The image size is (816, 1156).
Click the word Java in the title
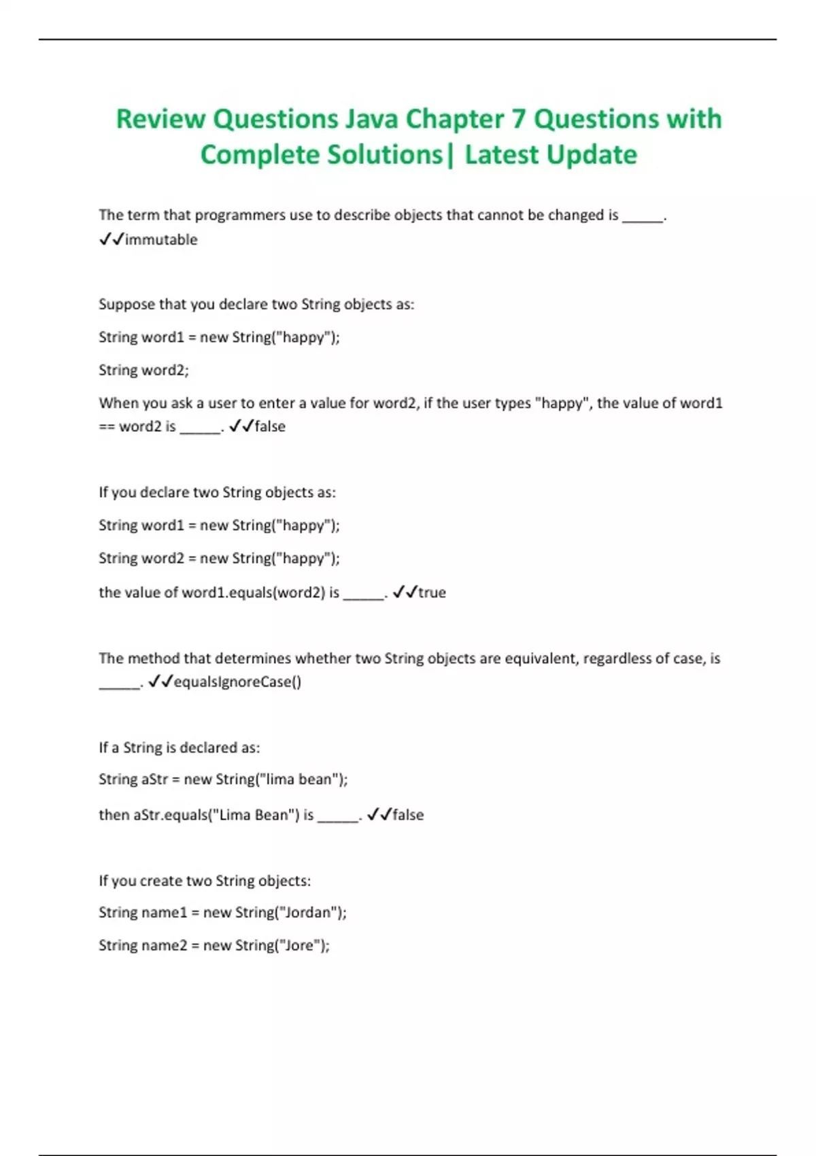[373, 119]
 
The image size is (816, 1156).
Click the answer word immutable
[161, 239]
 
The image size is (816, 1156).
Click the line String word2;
[143, 370]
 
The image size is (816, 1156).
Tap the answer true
[432, 592]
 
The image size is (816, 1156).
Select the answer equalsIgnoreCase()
[237, 681]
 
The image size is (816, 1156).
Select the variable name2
[163, 945]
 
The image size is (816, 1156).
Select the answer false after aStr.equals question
[408, 815]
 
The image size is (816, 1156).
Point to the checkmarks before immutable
[111, 239]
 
